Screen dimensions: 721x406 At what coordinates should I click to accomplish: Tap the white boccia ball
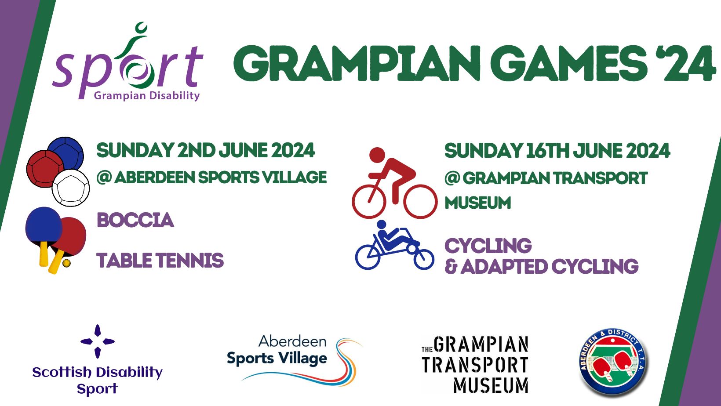pos(71,188)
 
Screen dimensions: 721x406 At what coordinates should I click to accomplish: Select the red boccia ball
pos(45,169)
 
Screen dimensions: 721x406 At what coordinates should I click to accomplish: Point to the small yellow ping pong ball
pos(67,264)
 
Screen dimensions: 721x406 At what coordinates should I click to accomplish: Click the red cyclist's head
pos(377,155)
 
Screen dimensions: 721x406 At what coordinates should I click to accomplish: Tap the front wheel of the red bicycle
pos(420,202)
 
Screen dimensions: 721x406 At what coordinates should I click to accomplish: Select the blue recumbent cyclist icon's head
pos(382,224)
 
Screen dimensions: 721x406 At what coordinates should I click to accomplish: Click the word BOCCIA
pos(135,220)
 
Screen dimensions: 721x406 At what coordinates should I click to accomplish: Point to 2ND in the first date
pos(196,150)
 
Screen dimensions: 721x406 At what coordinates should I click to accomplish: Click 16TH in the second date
pos(547,151)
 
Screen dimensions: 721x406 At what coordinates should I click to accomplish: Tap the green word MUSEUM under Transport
pos(477,203)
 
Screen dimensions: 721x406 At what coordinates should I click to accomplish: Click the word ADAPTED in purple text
pos(503,266)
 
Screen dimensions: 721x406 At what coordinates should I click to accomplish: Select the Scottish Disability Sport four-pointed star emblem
pos(98,341)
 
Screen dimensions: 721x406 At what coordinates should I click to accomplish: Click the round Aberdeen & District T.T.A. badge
pos(613,362)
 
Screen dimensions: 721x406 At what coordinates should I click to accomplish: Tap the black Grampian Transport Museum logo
pos(475,365)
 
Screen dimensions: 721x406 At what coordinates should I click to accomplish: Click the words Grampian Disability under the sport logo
pos(147,96)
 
